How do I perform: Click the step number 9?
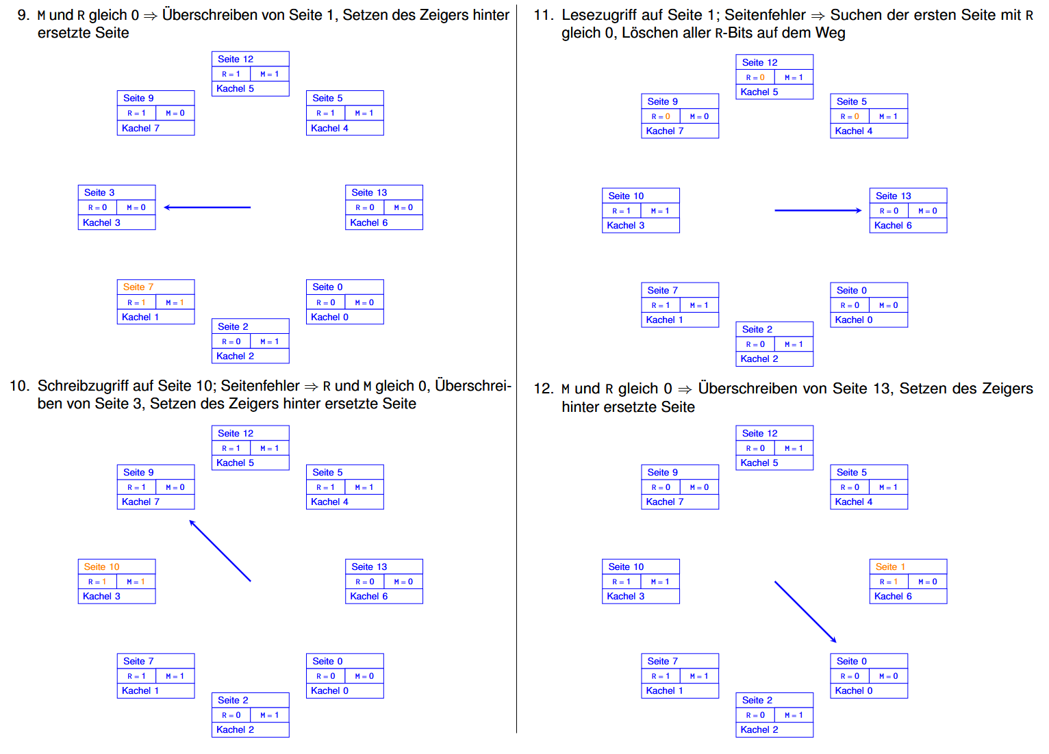point(23,15)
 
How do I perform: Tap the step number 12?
point(543,389)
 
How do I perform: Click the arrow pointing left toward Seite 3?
point(207,207)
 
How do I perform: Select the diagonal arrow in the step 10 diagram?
point(220,551)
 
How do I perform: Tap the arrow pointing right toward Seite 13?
point(818,211)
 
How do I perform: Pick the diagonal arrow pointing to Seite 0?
point(805,612)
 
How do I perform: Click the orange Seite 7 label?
point(138,287)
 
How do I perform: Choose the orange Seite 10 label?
point(101,567)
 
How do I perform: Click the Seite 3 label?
point(99,193)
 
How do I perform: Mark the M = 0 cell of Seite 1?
point(927,582)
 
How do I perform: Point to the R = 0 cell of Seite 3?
point(97,208)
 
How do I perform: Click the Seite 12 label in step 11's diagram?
point(759,63)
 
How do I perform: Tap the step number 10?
point(20,386)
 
